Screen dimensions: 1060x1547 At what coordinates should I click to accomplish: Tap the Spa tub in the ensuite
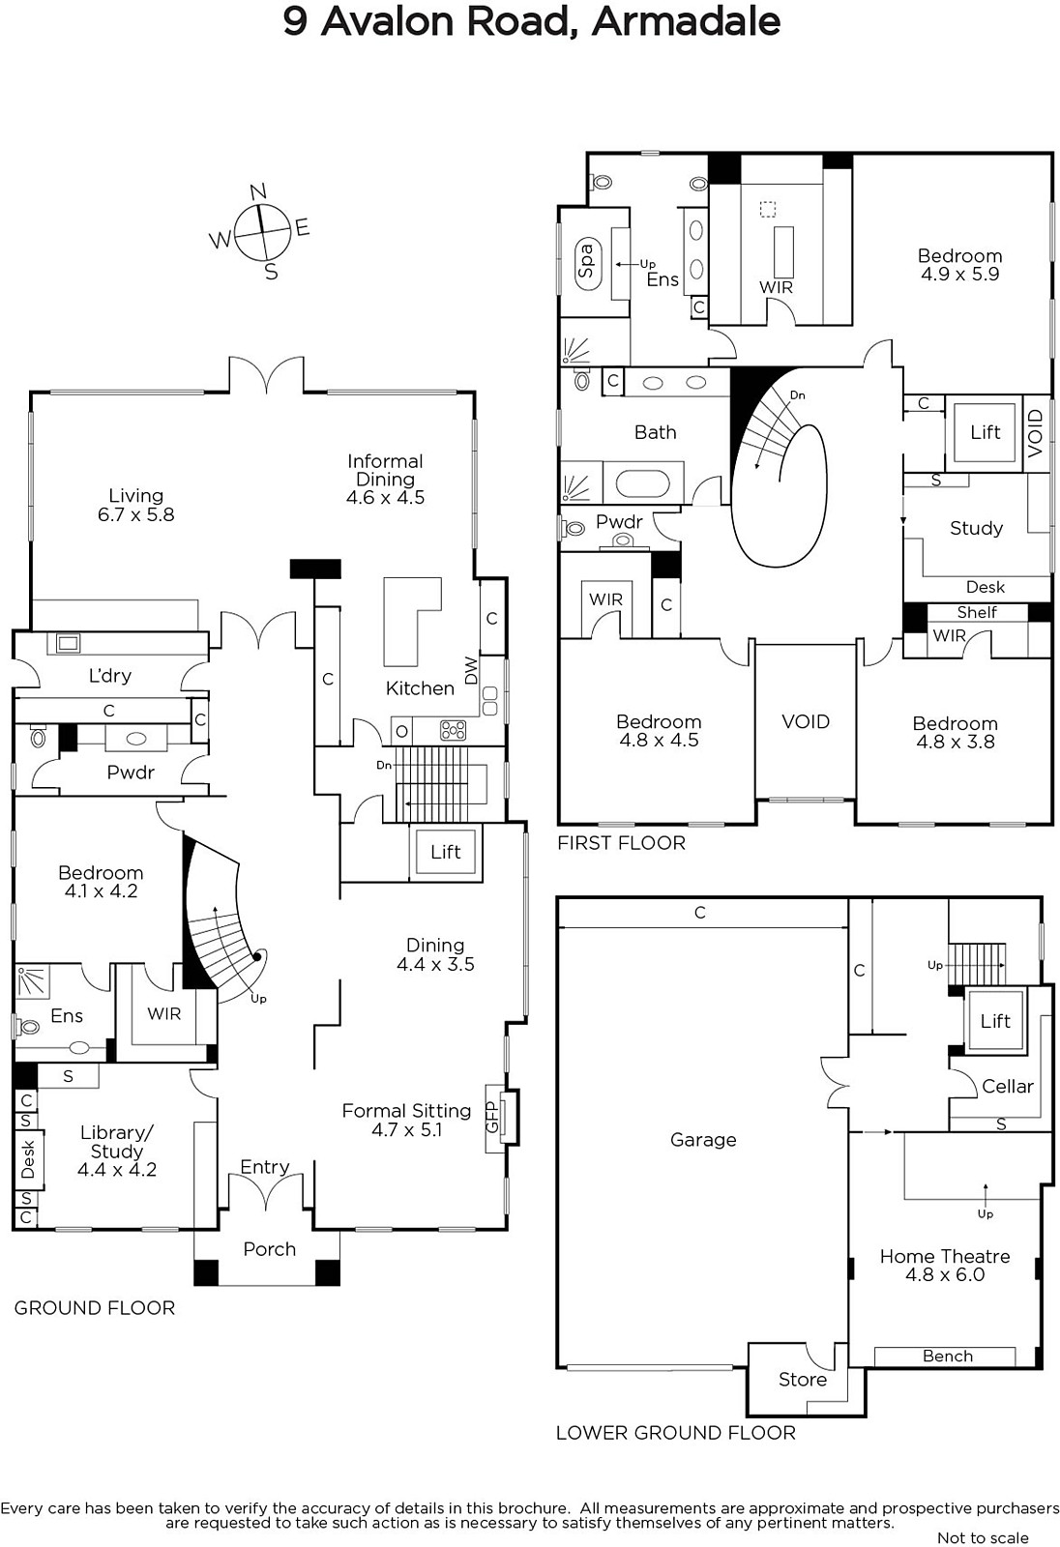click(587, 262)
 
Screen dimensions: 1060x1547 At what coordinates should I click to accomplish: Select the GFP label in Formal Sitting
click(492, 1118)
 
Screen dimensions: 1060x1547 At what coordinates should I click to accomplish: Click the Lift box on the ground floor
click(445, 852)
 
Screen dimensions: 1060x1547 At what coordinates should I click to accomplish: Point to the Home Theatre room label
click(945, 1257)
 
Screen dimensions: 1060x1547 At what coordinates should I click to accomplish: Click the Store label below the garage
click(803, 1379)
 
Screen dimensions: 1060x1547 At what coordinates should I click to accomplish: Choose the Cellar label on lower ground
click(1008, 1087)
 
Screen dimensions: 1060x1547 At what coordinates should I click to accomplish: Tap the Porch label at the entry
click(270, 1249)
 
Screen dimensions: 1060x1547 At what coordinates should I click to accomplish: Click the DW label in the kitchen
click(471, 670)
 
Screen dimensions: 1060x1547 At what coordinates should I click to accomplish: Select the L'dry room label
click(110, 675)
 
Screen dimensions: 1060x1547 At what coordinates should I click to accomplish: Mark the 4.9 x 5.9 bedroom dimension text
click(959, 275)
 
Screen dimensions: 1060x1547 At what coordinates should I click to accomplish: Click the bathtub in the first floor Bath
click(642, 483)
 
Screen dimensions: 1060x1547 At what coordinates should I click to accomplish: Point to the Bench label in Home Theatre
click(948, 1356)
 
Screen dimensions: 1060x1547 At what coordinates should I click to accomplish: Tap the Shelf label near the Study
click(977, 612)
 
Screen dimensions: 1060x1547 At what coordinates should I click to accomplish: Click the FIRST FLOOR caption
click(621, 842)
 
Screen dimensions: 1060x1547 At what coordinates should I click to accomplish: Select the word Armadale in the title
click(686, 21)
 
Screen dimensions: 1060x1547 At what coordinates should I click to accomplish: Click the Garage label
click(703, 1140)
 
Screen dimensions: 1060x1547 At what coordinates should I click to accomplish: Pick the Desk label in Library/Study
click(28, 1159)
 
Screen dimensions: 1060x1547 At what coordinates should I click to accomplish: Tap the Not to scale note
click(983, 1537)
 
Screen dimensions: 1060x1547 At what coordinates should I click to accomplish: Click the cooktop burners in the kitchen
click(454, 730)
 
